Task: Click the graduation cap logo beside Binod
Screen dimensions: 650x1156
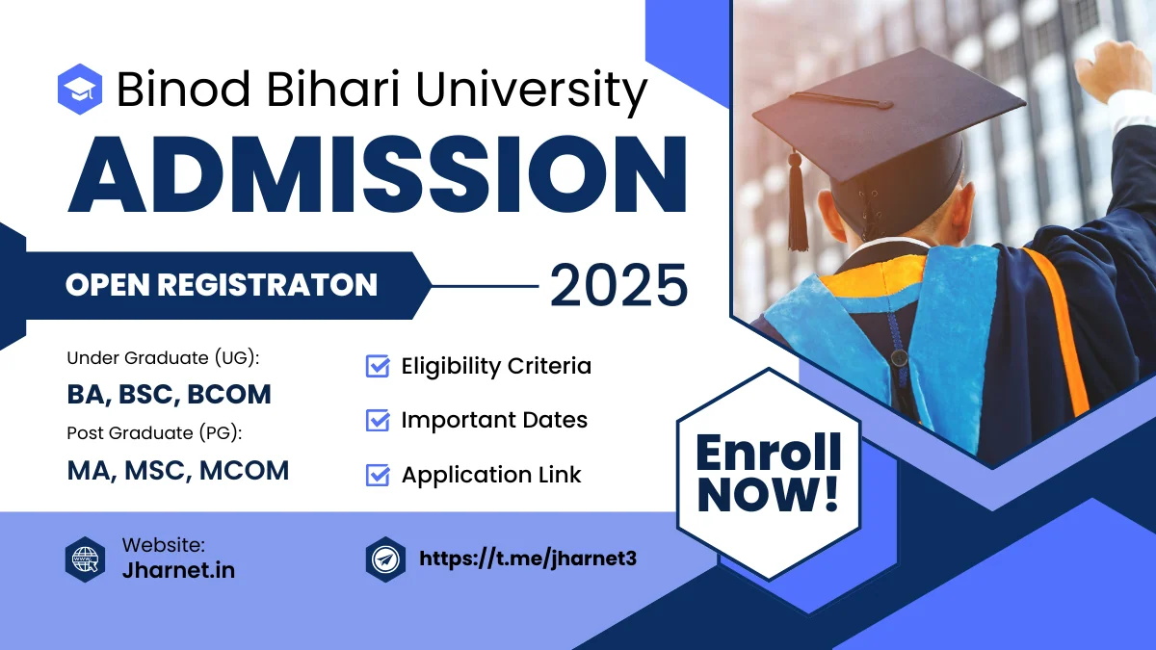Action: coord(80,89)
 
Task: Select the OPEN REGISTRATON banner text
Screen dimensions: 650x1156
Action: coord(222,285)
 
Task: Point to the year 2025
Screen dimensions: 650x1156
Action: coord(618,285)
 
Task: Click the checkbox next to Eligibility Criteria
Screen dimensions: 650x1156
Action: coord(378,367)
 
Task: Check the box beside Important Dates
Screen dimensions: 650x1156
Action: coord(378,421)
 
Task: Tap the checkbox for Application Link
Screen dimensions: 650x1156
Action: coord(378,475)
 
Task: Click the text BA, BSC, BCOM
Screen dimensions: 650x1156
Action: coord(169,395)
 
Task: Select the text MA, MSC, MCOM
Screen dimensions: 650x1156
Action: coord(178,470)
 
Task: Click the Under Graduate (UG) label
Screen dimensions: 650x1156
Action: coord(164,358)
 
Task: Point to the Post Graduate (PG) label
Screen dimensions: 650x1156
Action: coord(154,433)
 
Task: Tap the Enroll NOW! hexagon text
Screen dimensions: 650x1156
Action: coord(768,473)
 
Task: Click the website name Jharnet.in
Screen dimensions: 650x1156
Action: coord(178,570)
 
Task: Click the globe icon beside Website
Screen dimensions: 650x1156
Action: coord(85,559)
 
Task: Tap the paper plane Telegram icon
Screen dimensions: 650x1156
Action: coord(385,559)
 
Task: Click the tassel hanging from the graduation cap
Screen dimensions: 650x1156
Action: coord(798,207)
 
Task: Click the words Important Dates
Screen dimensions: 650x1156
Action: coord(494,421)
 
